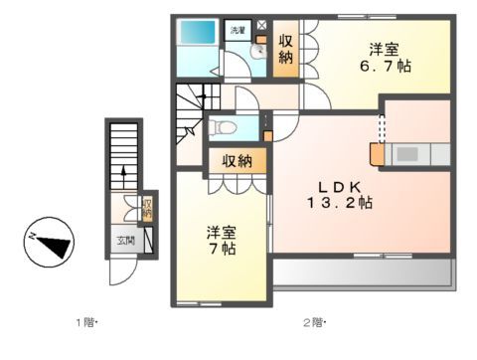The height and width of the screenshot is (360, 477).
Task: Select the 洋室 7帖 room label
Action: [x=221, y=241]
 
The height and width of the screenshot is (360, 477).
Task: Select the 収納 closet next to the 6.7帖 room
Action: [x=286, y=50]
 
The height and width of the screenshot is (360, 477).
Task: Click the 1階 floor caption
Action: [x=86, y=322]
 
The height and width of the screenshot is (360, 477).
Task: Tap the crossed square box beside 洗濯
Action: [x=261, y=25]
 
